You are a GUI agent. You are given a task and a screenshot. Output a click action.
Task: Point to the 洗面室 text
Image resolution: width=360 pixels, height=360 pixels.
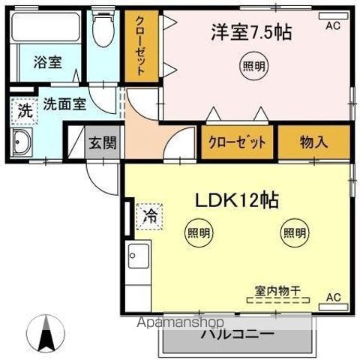[63, 104]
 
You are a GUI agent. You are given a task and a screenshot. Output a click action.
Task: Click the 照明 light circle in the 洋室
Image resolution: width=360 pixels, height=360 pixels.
[252, 65]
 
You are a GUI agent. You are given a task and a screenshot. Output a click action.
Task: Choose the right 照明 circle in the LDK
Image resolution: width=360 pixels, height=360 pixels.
[294, 233]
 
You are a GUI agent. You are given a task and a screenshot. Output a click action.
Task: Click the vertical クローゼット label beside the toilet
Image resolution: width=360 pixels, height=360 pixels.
[141, 45]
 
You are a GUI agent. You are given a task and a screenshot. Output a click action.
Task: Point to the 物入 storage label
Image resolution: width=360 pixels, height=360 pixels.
[313, 142]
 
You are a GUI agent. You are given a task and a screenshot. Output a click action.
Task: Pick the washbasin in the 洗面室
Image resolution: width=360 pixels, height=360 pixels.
[22, 141]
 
